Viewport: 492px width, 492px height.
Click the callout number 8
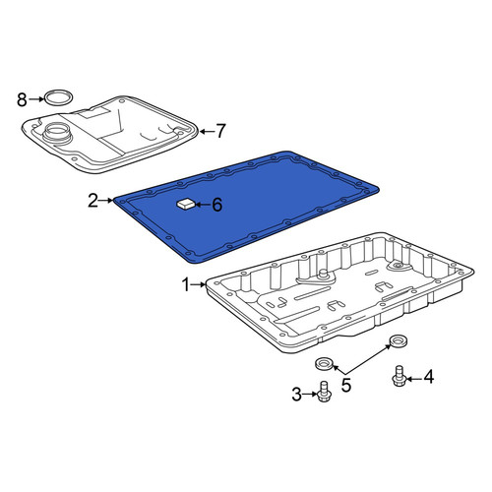[22, 99]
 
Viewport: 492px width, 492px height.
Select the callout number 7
[220, 131]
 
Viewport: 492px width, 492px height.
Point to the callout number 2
[92, 201]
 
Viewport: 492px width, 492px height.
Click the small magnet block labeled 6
[186, 205]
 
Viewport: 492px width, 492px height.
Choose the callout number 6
[217, 205]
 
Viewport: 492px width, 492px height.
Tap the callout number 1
[186, 284]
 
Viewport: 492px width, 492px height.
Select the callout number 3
[296, 395]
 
